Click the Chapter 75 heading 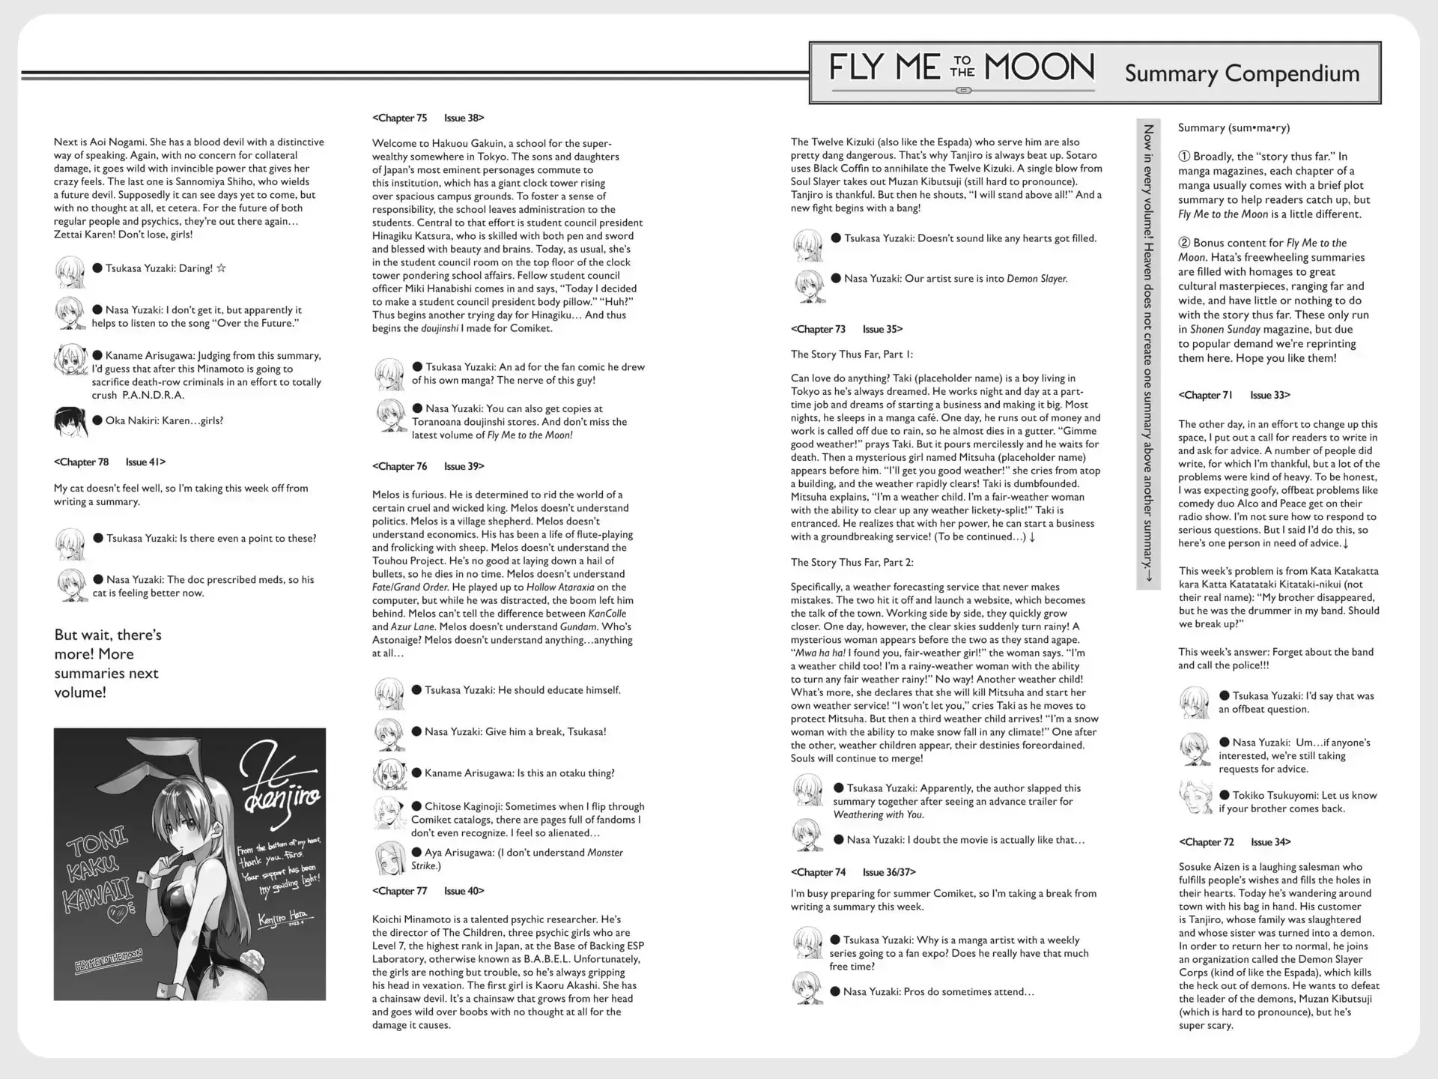point(400,118)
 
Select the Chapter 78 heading point(82,462)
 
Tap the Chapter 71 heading point(1205,395)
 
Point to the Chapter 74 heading point(819,872)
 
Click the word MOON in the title point(1039,68)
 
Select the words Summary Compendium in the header point(1242,73)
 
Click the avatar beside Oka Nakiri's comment point(70,422)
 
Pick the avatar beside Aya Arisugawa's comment point(389,859)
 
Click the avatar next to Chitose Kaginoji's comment point(389,814)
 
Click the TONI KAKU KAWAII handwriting point(99,874)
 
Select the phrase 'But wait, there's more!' point(108,644)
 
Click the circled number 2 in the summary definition point(1184,243)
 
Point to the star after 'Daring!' point(221,268)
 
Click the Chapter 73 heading point(819,329)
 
